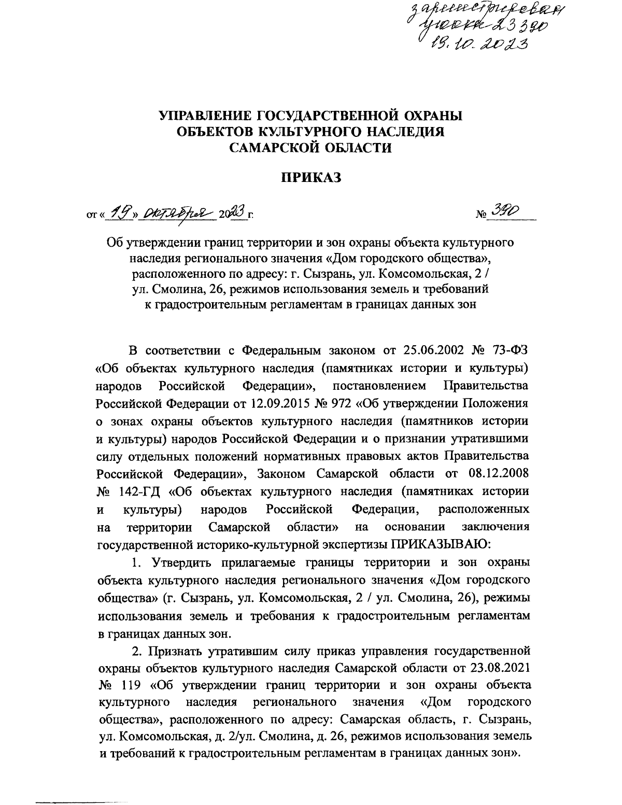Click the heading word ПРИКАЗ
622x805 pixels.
312,179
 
